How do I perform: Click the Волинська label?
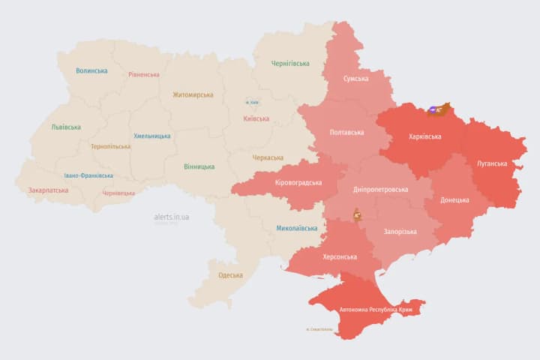91,71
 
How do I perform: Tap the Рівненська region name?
144,75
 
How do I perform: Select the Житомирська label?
193,95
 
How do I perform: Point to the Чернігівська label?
289,64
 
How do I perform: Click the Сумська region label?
355,79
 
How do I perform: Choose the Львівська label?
66,127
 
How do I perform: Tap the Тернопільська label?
110,147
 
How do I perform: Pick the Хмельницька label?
151,136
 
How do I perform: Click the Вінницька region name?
199,166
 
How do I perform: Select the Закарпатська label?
48,190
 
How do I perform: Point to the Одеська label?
230,275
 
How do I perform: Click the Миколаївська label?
296,228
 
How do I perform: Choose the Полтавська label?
346,133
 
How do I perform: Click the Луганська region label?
491,163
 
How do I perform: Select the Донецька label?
454,200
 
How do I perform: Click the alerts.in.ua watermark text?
171,217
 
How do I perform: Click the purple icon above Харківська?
434,110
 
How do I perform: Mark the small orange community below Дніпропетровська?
358,215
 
